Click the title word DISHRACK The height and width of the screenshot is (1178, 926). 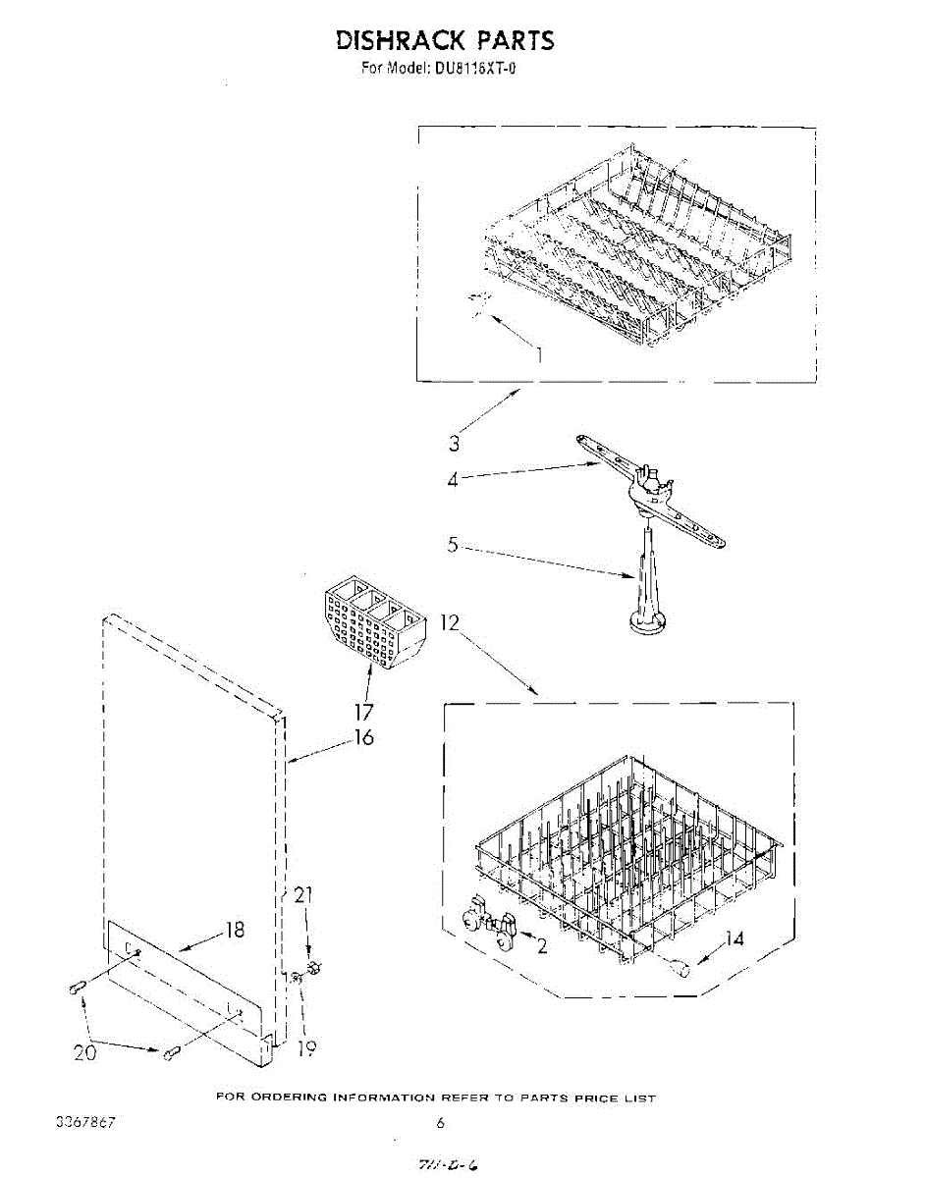(400, 40)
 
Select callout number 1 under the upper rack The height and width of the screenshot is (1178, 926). (539, 355)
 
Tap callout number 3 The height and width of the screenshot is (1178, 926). (454, 444)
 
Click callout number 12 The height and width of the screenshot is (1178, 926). (450, 621)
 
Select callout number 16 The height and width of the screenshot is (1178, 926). (364, 736)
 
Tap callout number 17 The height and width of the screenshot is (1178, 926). (364, 713)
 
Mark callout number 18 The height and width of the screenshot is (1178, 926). (235, 930)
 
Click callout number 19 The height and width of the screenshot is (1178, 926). (306, 1048)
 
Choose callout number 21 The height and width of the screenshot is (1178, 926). (303, 894)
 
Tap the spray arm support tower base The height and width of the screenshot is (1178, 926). (643, 620)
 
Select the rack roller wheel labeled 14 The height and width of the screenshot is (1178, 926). (677, 970)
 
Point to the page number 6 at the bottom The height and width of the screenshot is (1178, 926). (441, 1123)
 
